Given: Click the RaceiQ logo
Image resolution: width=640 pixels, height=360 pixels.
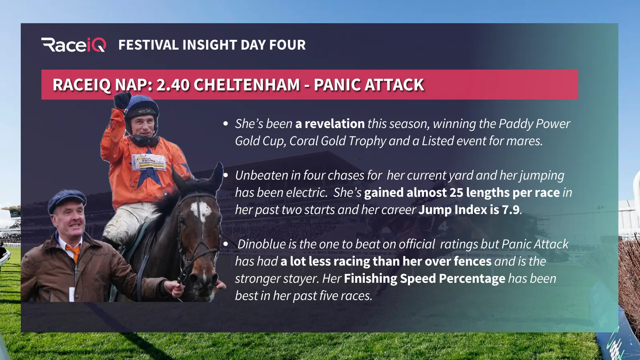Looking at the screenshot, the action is point(74,45).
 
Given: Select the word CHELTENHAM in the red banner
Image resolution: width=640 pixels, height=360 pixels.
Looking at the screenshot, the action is point(246,85).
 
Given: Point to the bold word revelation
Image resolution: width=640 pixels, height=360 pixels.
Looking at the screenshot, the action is point(334,124).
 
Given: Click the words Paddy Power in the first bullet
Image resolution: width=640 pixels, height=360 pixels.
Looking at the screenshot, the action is point(534,124).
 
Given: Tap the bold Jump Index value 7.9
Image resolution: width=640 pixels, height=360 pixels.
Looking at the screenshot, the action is point(511,210).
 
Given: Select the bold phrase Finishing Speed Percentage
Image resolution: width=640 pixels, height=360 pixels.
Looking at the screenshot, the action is point(424,279).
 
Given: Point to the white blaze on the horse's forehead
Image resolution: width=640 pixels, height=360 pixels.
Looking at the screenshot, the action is point(201,210).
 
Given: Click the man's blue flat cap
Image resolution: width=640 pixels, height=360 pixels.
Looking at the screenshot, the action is point(66,200).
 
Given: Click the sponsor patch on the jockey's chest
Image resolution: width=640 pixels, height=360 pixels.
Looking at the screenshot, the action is point(148,162).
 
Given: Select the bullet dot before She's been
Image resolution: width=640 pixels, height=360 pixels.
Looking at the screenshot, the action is point(226,124).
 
